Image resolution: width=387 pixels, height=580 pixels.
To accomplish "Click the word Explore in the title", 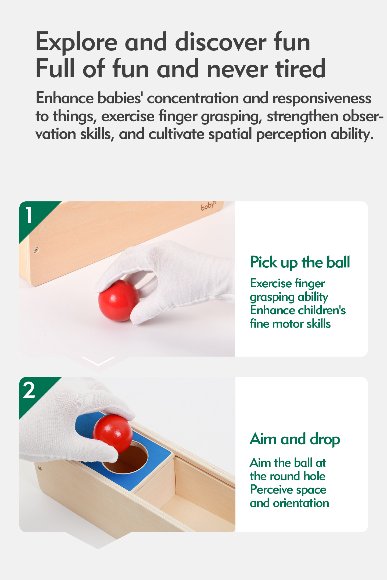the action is (x=77, y=42).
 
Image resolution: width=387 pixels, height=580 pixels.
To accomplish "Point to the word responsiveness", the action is (x=322, y=99).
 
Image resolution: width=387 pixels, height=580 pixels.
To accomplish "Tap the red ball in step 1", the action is (x=119, y=300).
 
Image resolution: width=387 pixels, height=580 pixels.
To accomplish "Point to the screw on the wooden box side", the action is (x=36, y=250).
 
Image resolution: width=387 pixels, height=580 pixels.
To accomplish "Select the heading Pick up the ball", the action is (x=300, y=262).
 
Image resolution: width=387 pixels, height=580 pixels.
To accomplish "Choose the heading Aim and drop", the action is (x=295, y=439).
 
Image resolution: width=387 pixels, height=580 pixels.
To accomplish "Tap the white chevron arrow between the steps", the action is (x=98, y=361).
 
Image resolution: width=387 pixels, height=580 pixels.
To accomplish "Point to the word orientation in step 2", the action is (x=301, y=503).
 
